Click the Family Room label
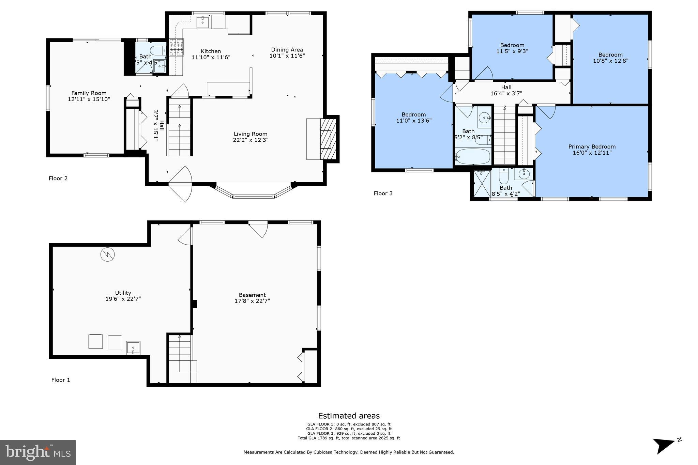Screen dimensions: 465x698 [89, 93]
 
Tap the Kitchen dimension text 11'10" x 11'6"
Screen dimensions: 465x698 [211, 58]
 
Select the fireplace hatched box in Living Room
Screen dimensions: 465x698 [328, 139]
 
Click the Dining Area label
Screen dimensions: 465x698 [287, 50]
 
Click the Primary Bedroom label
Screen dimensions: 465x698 [592, 147]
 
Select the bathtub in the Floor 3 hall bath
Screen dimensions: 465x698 [473, 157]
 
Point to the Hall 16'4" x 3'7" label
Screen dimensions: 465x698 [506, 90]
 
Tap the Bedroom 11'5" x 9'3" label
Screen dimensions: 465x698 [512, 48]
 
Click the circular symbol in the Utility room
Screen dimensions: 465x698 [107, 254]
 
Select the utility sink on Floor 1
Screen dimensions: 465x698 [133, 348]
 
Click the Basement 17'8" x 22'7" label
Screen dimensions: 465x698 [252, 298]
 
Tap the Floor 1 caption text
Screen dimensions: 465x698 [61, 380]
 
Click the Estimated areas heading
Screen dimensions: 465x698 [349, 416]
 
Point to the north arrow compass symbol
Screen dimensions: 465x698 [665, 445]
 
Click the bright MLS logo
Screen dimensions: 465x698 [37, 452]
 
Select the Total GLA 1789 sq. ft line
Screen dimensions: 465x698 [349, 438]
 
